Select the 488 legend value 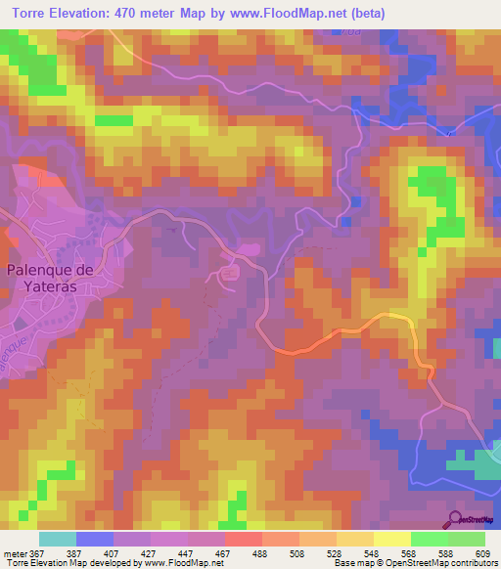click(259, 552)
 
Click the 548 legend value click(371, 552)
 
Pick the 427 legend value click(148, 552)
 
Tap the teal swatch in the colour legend click(57, 539)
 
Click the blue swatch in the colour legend click(95, 539)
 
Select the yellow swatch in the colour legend click(391, 539)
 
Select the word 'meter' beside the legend click(16, 552)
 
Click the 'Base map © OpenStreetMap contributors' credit click(419, 563)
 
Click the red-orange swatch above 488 click(243, 539)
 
